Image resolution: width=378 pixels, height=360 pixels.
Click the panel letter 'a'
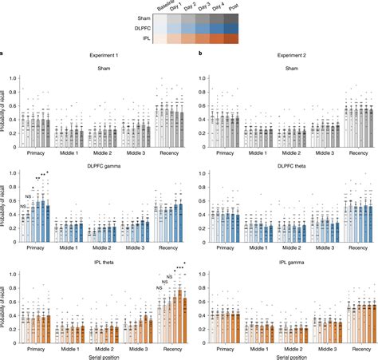(2, 53)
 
